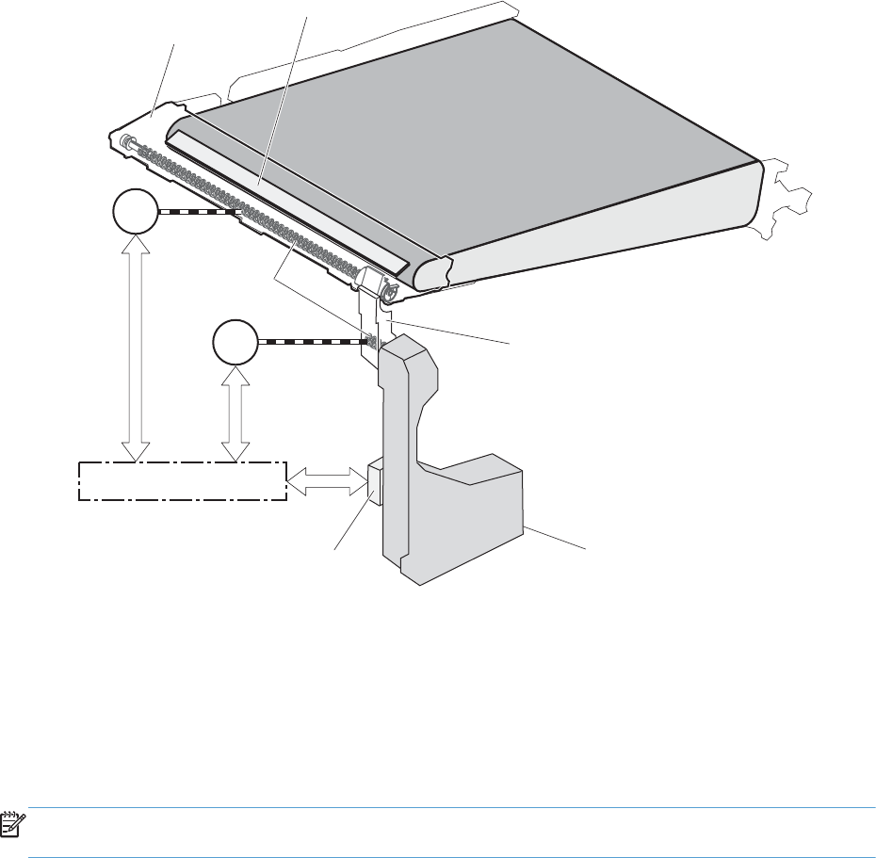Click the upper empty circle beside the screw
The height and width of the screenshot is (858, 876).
[135, 213]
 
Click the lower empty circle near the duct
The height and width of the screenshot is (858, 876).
[235, 343]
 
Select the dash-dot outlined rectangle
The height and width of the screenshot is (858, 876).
[181, 481]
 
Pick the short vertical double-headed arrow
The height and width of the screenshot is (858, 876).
[235, 413]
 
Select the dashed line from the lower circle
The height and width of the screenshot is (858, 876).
[311, 342]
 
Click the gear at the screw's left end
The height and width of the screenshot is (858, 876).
[124, 141]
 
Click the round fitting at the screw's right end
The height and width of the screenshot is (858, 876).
[386, 294]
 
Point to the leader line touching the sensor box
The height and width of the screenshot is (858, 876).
[353, 524]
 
